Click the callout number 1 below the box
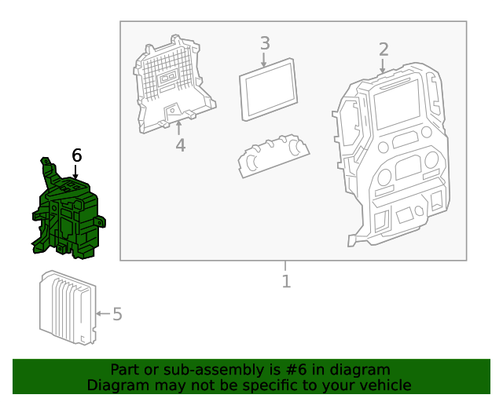point(286,281)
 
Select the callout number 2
point(384,49)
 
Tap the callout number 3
point(265,43)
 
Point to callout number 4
point(180,145)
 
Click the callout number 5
point(117,314)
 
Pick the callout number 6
point(76,155)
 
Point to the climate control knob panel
point(271,156)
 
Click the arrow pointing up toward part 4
point(180,127)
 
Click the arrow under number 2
point(384,67)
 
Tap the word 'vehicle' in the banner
point(385,386)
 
